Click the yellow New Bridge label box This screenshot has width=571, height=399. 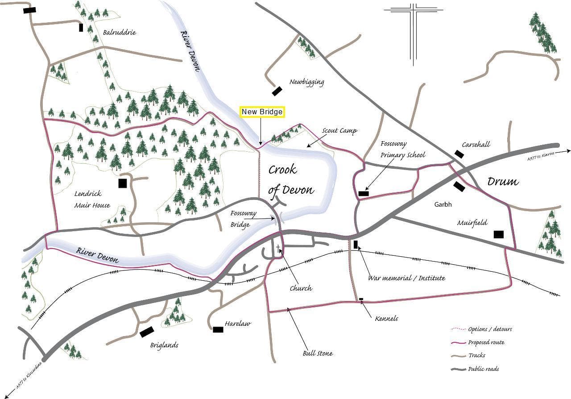pyautogui.click(x=262, y=112)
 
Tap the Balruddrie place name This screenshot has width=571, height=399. pyautogui.click(x=119, y=32)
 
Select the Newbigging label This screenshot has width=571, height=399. pyautogui.click(x=306, y=82)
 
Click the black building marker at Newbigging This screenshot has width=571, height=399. pyautogui.click(x=277, y=91)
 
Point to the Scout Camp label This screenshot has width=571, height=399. pyautogui.click(x=339, y=131)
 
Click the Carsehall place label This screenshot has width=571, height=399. pyautogui.click(x=476, y=144)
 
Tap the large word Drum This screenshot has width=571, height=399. pyautogui.click(x=503, y=181)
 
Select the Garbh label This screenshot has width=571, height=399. pyautogui.click(x=443, y=204)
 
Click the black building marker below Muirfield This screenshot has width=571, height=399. pyautogui.click(x=498, y=234)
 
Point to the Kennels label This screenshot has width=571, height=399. pyautogui.click(x=386, y=318)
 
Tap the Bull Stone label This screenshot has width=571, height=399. pyautogui.click(x=317, y=353)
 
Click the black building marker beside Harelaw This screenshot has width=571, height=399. pyautogui.click(x=218, y=329)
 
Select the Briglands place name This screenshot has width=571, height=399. pyautogui.click(x=164, y=345)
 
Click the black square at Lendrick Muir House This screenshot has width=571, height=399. pyautogui.click(x=122, y=183)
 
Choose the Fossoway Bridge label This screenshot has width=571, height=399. pyautogui.click(x=243, y=219)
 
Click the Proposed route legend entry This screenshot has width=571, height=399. pyautogui.click(x=486, y=342)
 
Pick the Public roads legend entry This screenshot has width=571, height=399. pyautogui.click(x=483, y=369)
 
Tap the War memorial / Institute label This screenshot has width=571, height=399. pyautogui.click(x=406, y=278)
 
